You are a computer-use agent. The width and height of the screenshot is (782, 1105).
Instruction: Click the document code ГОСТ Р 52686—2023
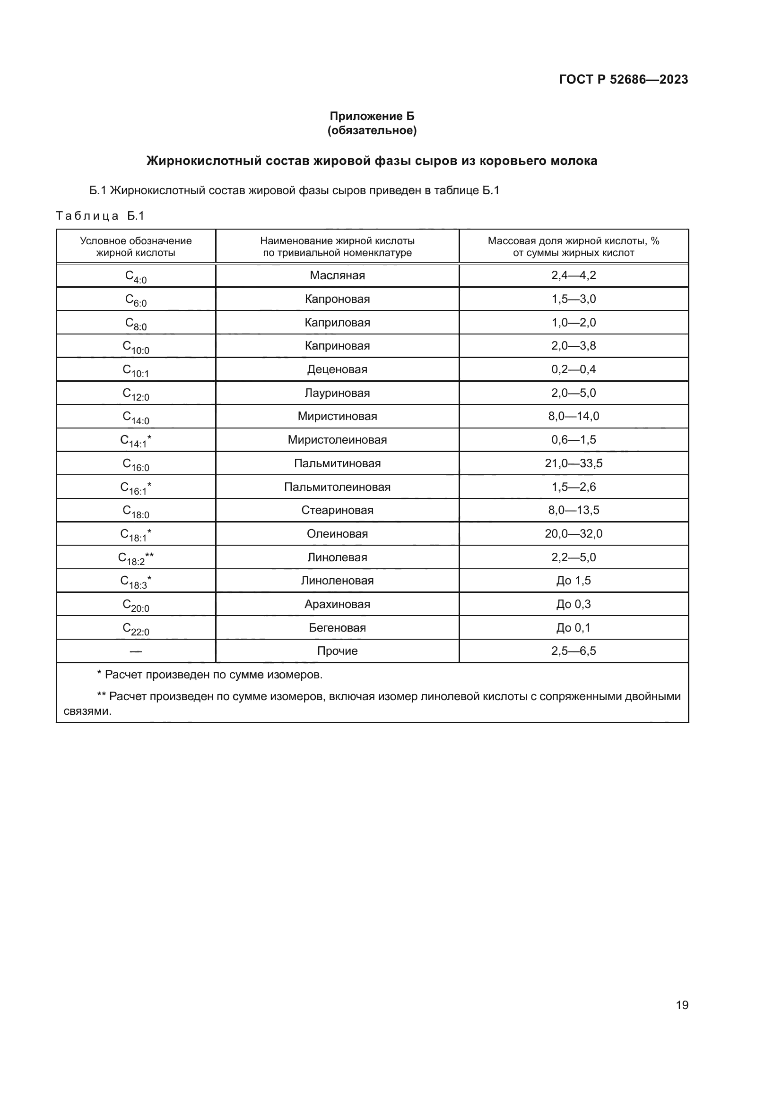point(623,79)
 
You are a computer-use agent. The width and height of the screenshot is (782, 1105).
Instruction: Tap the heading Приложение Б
point(372,116)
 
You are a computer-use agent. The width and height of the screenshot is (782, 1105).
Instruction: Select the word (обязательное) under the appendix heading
point(372,130)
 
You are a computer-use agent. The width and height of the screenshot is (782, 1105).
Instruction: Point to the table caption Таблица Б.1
point(100,215)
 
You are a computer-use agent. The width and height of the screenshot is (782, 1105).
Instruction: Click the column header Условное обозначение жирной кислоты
point(136,247)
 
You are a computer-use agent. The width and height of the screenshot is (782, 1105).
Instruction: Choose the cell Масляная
point(337,275)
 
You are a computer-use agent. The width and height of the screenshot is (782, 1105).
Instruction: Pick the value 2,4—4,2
point(573,275)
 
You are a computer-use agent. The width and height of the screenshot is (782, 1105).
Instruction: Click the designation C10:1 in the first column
point(136,370)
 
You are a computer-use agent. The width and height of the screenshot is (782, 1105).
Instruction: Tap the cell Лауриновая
point(337,393)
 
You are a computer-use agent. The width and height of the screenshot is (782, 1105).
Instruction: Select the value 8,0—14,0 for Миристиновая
point(573,416)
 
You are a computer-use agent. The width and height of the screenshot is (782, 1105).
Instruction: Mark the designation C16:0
point(136,464)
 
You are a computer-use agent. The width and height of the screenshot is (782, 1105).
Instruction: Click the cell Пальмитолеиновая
point(337,487)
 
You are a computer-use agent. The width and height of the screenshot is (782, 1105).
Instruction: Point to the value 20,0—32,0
point(573,533)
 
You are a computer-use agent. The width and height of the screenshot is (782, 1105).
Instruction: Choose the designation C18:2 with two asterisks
point(136,558)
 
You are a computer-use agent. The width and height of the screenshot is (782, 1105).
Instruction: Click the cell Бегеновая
point(337,627)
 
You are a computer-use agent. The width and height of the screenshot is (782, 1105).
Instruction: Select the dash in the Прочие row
point(136,651)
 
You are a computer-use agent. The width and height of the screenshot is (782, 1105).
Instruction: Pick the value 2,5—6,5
point(573,651)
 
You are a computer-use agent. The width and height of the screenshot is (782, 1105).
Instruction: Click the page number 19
point(682,1005)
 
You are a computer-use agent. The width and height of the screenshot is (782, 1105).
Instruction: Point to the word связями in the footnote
point(87,711)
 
